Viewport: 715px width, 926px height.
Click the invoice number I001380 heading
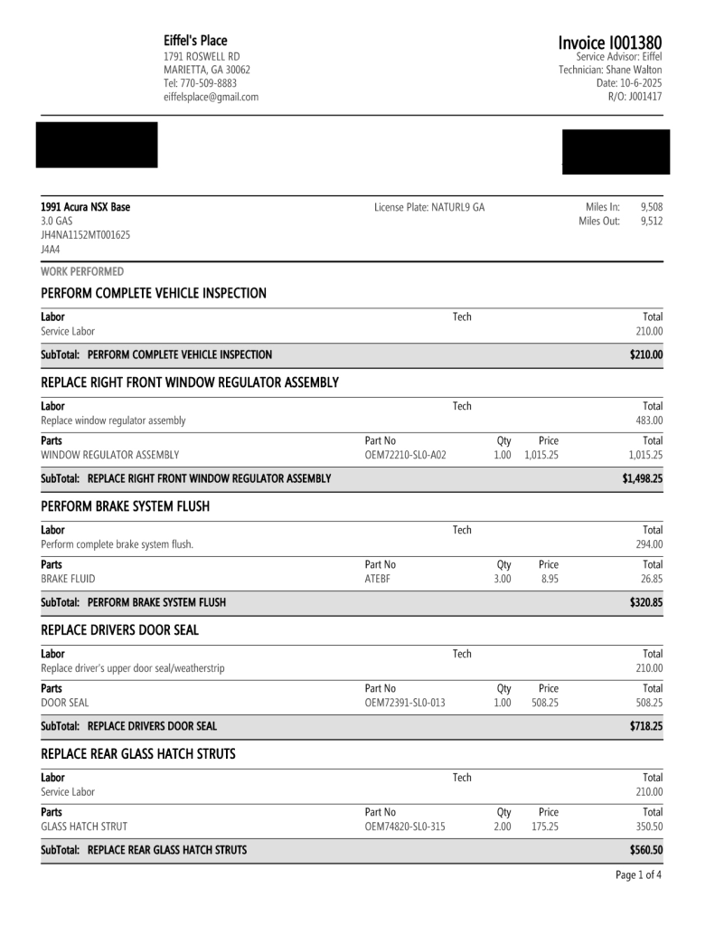(x=609, y=43)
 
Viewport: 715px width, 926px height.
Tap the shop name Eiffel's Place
(x=195, y=41)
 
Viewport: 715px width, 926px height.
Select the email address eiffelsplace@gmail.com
(x=211, y=97)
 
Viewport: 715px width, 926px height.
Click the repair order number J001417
(x=647, y=97)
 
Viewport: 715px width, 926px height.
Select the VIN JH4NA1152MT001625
(x=86, y=235)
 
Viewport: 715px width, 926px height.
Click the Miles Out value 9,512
(x=651, y=222)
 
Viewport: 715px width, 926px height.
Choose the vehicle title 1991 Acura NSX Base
(x=86, y=207)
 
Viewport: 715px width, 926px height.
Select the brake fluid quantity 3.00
(x=503, y=579)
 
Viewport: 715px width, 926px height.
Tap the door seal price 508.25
(x=544, y=703)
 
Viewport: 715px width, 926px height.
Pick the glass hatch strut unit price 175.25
(x=544, y=827)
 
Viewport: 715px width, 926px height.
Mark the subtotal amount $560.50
(x=646, y=850)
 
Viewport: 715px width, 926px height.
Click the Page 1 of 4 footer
(x=638, y=875)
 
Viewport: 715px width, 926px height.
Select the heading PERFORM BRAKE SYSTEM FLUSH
(x=126, y=506)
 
